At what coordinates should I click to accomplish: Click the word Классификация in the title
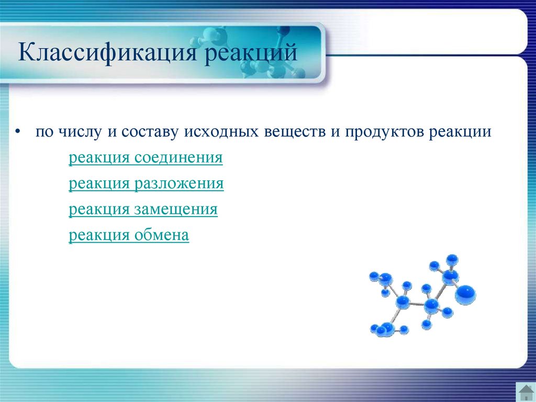[x=108, y=52]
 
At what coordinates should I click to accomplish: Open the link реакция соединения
[x=146, y=158]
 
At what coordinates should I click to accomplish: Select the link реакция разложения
[x=147, y=183]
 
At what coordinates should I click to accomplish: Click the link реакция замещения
[x=143, y=209]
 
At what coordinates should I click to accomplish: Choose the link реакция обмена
[x=129, y=235]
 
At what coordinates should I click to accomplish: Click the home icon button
[x=526, y=392]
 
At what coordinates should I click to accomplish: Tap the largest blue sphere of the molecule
[x=465, y=295]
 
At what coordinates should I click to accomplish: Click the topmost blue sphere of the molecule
[x=452, y=259]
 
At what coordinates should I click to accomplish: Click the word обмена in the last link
[x=161, y=235]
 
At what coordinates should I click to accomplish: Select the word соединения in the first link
[x=178, y=158]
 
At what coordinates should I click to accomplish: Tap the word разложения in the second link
[x=179, y=183]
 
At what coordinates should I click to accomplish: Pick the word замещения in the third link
[x=176, y=209]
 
